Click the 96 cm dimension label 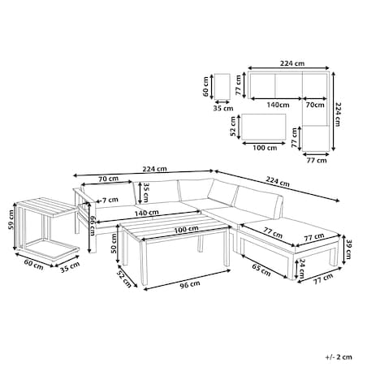click(190, 284)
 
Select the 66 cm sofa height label click(93, 226)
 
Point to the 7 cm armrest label click(110, 201)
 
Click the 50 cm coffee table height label click(114, 244)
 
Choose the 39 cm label click(348, 249)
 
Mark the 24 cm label click(302, 269)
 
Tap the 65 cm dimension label click(261, 270)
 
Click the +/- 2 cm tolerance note click(339, 357)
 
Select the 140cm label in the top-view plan click(278, 105)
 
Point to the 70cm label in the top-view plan click(315, 105)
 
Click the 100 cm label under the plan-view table click(265, 148)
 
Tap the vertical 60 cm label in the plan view click(205, 87)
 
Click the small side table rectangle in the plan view click(222, 87)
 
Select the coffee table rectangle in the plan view click(264, 127)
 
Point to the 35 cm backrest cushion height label click(146, 192)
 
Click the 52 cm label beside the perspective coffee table click(123, 279)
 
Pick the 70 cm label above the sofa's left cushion click(108, 179)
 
